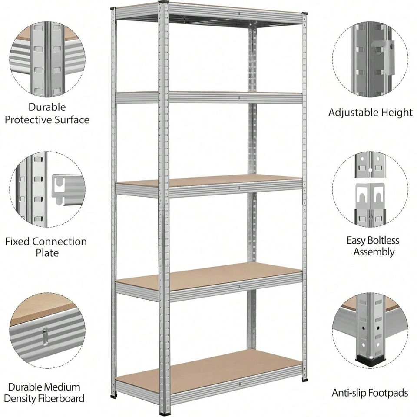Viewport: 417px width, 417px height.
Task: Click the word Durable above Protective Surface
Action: (x=47, y=107)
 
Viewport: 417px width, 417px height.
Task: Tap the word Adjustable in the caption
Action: (x=354, y=113)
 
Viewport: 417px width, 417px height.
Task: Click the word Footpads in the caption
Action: (x=388, y=393)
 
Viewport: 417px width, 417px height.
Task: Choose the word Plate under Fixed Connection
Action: (x=47, y=253)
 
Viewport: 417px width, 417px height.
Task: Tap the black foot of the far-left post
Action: (x=114, y=396)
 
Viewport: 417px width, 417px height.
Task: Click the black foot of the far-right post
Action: (x=304, y=381)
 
